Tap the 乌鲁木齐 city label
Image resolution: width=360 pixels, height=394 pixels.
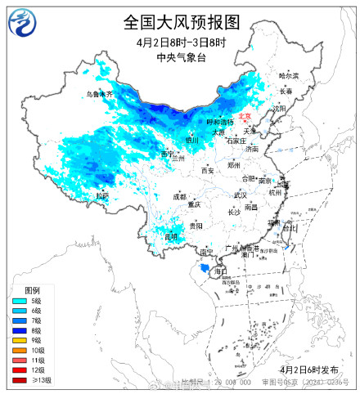coord(100,94)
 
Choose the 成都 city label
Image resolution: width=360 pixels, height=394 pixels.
coord(179,196)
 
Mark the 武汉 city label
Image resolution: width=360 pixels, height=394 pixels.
coord(240,195)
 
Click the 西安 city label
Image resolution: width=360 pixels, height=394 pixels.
coord(208,170)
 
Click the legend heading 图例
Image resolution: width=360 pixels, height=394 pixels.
coord(32,291)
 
